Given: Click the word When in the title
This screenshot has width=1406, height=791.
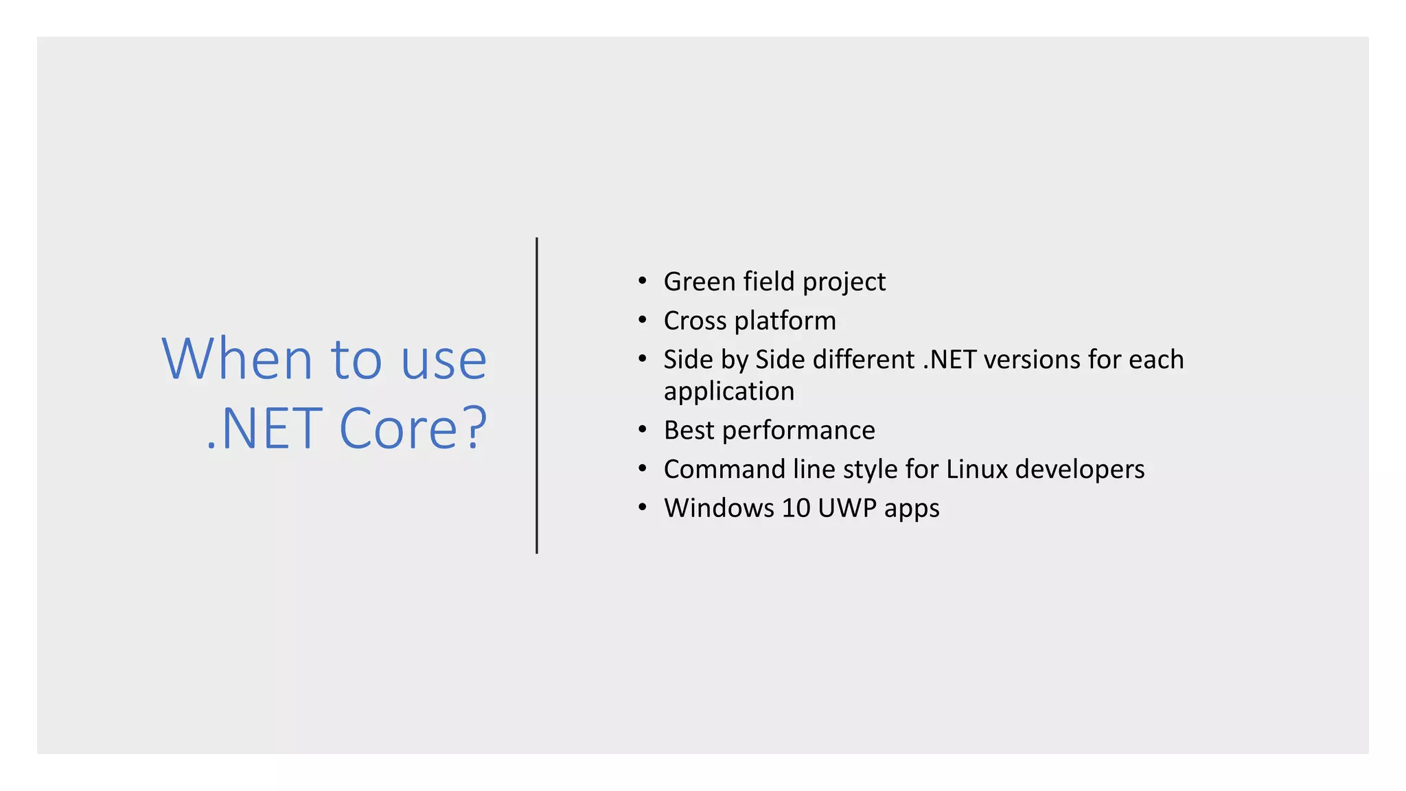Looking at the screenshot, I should [237, 358].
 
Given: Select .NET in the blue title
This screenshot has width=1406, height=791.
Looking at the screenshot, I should [264, 428].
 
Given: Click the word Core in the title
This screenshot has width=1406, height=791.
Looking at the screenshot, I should [398, 428].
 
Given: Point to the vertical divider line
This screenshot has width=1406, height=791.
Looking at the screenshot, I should [537, 395].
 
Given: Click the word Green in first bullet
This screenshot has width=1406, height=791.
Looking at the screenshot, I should [700, 282].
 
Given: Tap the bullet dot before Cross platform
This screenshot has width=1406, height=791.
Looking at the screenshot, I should [642, 320].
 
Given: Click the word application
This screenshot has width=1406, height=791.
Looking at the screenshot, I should [729, 391].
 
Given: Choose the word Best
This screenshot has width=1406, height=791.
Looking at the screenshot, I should [689, 431].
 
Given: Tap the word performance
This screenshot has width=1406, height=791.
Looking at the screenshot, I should [798, 431].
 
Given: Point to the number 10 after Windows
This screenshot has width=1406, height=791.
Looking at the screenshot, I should [796, 508].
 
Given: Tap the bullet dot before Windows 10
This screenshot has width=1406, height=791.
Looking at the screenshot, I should [642, 507].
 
